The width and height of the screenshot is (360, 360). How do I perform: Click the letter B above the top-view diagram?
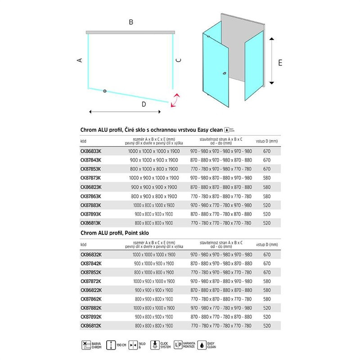130,22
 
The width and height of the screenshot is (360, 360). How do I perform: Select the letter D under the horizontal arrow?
144,104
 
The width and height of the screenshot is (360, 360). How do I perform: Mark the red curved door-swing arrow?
175,100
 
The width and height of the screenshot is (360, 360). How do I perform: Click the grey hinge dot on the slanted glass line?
105,91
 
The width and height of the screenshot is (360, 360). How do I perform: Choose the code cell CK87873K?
90,178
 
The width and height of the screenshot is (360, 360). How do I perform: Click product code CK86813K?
90,223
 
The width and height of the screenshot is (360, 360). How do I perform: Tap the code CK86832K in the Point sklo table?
90,255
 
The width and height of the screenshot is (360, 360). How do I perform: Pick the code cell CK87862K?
90,299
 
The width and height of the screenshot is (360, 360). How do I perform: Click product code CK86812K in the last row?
90,325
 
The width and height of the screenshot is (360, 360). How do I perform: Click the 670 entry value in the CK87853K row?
266,169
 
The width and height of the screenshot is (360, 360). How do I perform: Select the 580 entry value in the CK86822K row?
266,290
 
